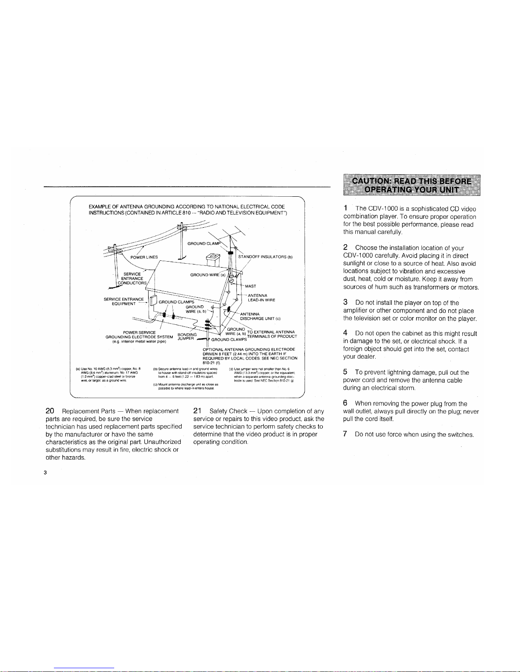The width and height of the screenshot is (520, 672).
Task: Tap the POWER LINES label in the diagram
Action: coord(144,257)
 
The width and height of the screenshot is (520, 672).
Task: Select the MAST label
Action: coord(250,286)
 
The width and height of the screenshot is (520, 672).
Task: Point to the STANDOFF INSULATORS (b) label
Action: coord(265,257)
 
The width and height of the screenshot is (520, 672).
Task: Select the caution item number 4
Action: coord(346,333)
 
